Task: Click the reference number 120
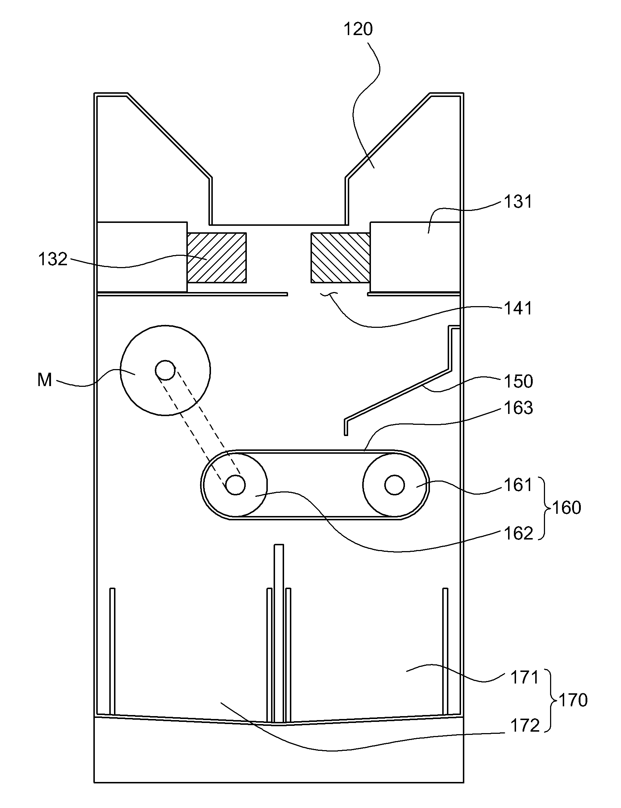tap(358, 29)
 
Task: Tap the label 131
tap(518, 202)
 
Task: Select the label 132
tap(53, 259)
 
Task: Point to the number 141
tap(518, 308)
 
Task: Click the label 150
tap(519, 381)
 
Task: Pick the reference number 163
tap(519, 408)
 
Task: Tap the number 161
tap(518, 485)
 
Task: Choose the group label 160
tap(567, 508)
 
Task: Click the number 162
tap(519, 533)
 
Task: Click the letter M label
tap(45, 380)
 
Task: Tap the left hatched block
tap(217, 258)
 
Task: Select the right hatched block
tap(341, 258)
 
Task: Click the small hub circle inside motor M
tap(165, 370)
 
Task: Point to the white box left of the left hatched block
tap(141, 257)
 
